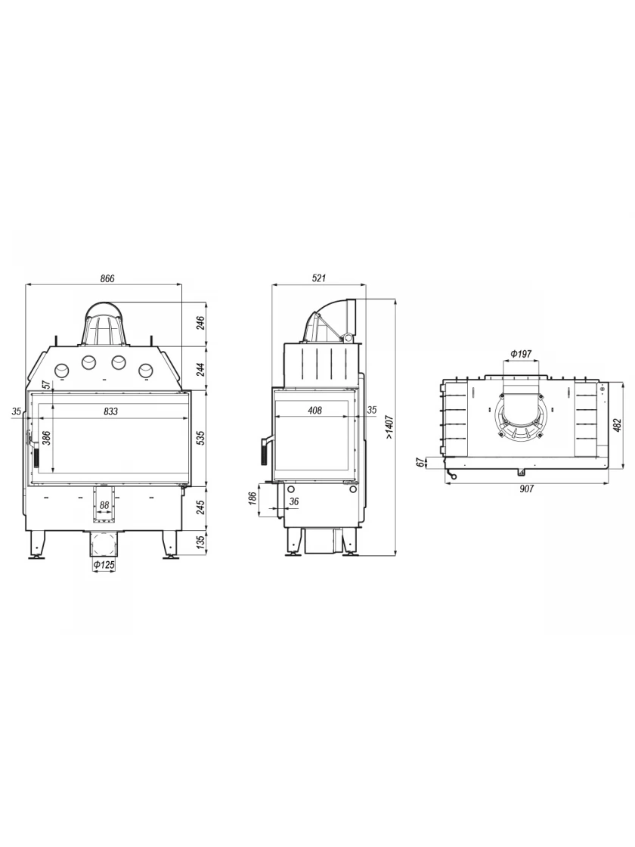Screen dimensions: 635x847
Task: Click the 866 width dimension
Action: pyautogui.click(x=107, y=279)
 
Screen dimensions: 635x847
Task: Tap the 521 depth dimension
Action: pyautogui.click(x=319, y=279)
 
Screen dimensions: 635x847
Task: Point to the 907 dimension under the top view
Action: pyautogui.click(x=526, y=489)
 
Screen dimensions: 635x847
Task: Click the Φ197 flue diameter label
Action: pyautogui.click(x=521, y=355)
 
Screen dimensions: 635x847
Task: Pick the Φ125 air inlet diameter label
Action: pyautogui.click(x=104, y=565)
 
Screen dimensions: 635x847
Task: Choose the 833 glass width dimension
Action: pyautogui.click(x=110, y=411)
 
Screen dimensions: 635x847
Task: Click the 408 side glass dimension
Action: pyautogui.click(x=314, y=411)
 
